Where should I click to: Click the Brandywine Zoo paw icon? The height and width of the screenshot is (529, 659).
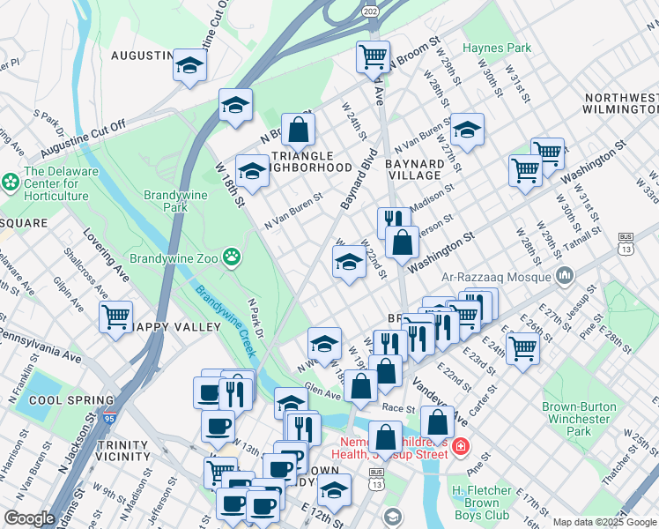point(232,257)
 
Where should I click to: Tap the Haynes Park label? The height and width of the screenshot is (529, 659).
point(498,47)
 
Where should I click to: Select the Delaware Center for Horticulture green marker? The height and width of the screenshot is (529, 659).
point(11,183)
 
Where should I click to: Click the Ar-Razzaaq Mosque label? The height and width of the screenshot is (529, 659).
point(506,276)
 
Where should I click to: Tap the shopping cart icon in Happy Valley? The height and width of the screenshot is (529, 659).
point(116,316)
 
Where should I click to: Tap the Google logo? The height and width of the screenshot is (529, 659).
point(30,518)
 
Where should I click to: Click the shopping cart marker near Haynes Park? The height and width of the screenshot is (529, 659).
point(373,56)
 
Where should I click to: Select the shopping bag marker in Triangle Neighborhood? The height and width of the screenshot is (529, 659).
point(299,130)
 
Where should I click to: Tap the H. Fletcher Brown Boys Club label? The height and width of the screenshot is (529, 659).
point(481,503)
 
